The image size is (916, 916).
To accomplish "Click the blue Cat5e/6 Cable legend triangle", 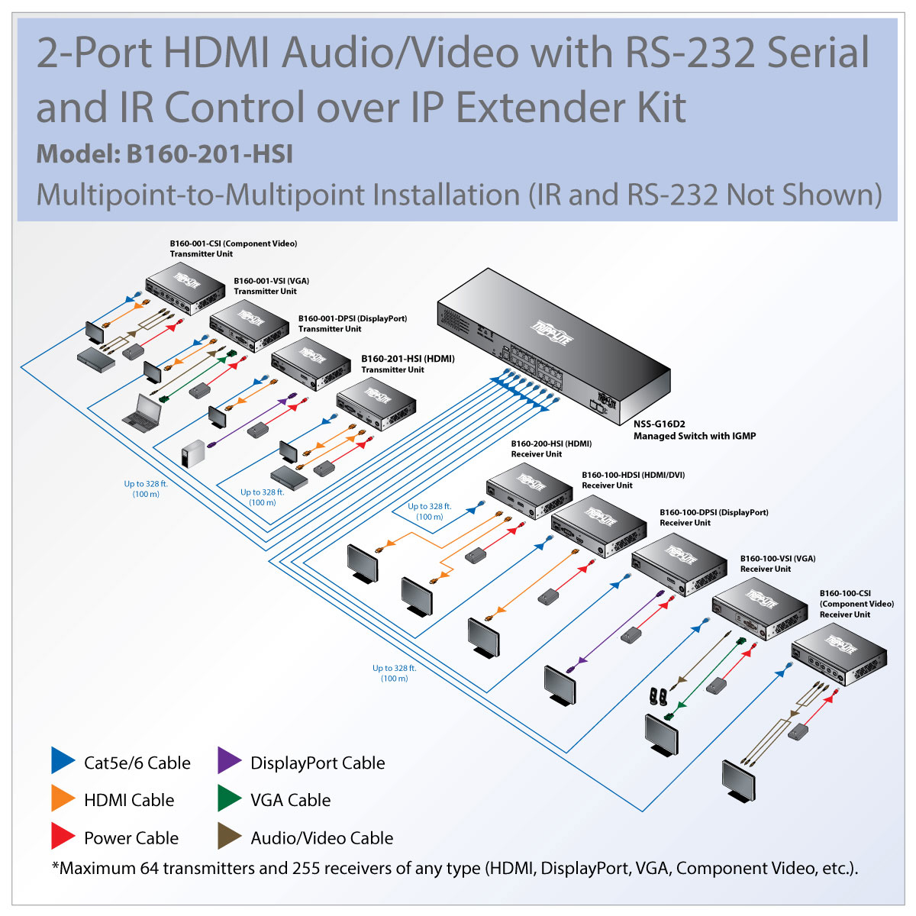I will [63, 760].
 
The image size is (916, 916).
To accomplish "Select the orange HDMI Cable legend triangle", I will [63, 798].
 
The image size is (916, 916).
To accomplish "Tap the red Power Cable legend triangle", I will [63, 837].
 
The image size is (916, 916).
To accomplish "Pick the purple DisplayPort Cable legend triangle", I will [229, 760].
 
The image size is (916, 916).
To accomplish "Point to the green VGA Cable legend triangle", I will [229, 798].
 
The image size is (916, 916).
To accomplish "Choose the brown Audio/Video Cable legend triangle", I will [229, 837].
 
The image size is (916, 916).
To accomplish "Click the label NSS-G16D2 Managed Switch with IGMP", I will [694, 431].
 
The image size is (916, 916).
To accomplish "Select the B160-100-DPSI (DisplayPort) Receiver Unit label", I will [713, 518].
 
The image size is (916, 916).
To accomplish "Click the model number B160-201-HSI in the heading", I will [209, 154].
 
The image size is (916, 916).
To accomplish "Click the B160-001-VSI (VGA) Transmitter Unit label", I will [271, 285].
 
